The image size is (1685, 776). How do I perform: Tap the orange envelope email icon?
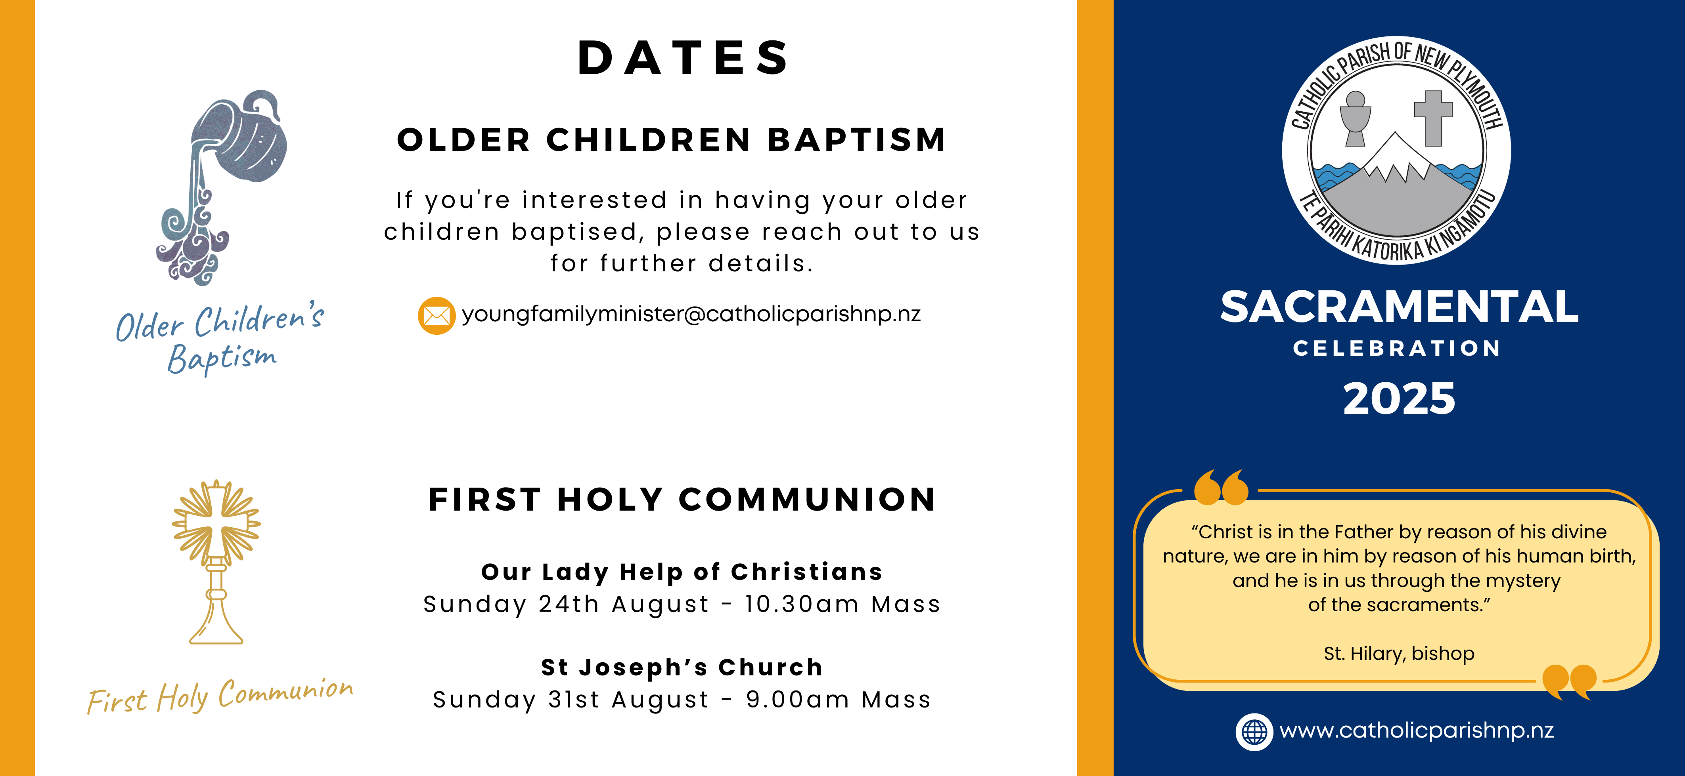(436, 316)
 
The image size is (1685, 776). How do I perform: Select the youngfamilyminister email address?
(691, 315)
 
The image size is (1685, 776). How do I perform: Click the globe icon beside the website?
(1254, 732)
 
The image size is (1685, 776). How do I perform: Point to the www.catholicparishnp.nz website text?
(1416, 730)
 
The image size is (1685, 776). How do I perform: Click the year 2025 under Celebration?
(1399, 399)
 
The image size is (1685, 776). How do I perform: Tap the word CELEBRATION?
(1396, 349)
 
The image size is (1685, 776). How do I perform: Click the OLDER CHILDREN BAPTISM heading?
(672, 140)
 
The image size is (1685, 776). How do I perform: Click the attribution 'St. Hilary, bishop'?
(1399, 654)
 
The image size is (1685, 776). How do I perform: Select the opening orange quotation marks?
(1221, 487)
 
